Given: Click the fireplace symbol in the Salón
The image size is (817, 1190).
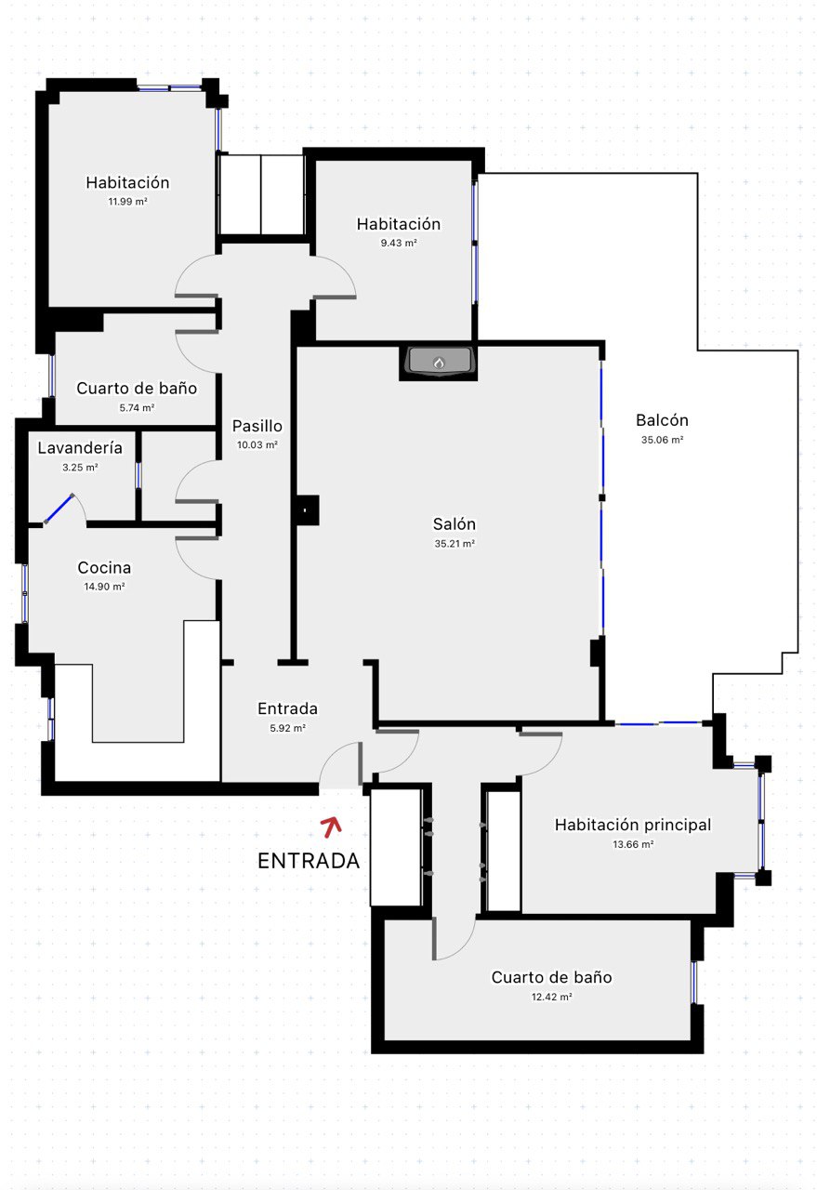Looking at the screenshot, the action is tap(439, 362).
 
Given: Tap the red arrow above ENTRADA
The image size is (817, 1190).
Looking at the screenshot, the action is tap(332, 826).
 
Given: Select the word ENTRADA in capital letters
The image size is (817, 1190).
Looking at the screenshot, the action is tap(309, 861).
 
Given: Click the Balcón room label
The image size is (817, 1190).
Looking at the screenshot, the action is tap(662, 420).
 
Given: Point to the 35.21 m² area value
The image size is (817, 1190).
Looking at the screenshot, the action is tap(455, 544).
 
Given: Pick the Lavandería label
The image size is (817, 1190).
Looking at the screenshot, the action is tap(80, 448).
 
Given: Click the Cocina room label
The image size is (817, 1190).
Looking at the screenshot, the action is tap(104, 567).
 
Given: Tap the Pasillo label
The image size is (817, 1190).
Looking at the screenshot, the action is tap(257, 426).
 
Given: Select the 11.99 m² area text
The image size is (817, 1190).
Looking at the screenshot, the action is tap(127, 202).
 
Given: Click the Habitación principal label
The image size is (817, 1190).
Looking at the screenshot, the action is tap(633, 825).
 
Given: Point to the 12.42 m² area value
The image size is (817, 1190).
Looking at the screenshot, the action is tap(551, 997).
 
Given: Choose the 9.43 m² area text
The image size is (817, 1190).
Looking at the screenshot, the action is tap(399, 243).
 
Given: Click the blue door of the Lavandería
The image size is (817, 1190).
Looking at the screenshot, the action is tap(59, 509).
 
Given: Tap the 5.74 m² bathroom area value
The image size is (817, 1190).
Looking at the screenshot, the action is tap(137, 407).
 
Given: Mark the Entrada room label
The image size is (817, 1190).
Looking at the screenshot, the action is tap(287, 708).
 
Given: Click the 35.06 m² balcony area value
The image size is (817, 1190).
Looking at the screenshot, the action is tap(662, 440).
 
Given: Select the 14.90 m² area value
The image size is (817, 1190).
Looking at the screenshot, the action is tap(104, 587).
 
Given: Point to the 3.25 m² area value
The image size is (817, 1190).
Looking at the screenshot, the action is tap(80, 468).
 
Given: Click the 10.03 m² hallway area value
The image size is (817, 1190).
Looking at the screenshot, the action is tap(257, 444).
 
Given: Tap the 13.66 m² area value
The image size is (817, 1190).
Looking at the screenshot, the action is tap(633, 844).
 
